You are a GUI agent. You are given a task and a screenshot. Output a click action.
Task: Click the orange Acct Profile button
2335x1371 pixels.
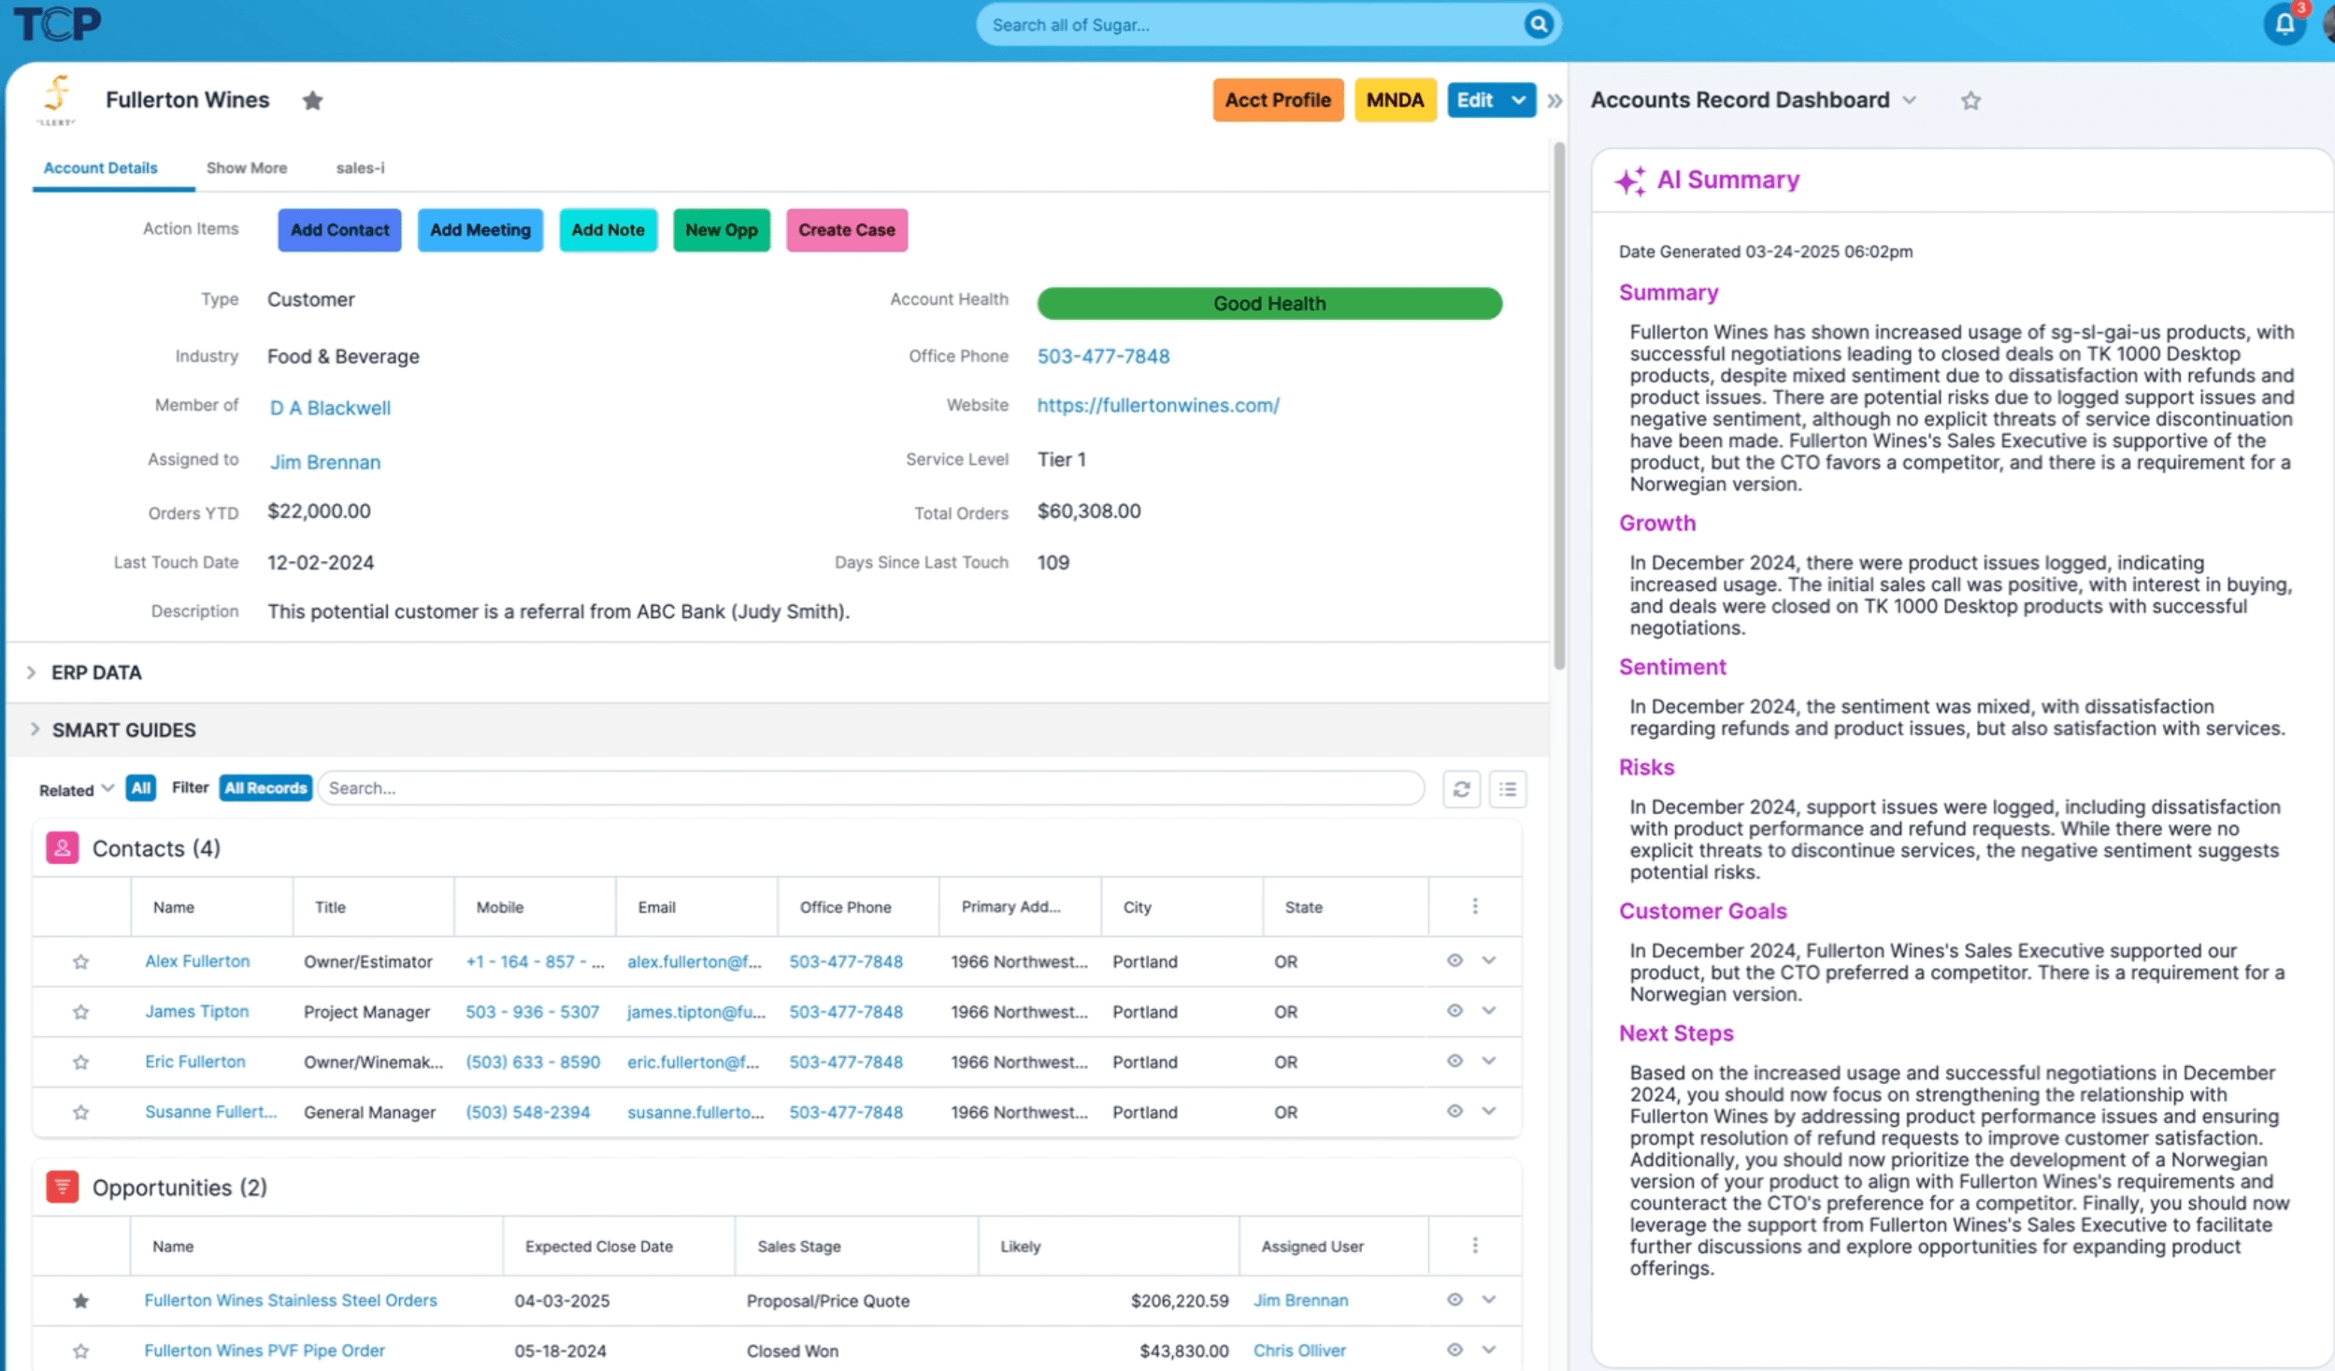point(1277,100)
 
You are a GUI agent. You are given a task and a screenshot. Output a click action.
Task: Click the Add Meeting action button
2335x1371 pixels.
point(480,230)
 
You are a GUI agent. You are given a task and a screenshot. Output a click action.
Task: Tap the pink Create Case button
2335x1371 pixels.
point(846,230)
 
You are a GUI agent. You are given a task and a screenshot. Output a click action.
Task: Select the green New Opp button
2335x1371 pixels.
point(721,230)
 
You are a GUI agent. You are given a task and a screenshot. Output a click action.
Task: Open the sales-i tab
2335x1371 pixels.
point(360,168)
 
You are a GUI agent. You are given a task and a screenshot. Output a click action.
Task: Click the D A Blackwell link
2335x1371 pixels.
point(330,408)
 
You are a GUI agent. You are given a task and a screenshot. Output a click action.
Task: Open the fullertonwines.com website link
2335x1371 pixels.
point(1157,405)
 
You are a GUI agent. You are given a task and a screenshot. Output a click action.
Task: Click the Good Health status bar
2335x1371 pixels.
point(1268,303)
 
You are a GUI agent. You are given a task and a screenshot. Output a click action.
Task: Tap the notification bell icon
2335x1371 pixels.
point(2284,24)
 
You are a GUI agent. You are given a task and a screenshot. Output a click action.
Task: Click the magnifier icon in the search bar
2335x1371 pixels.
point(1538,24)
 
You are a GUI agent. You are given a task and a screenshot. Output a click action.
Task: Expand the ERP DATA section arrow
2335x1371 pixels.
point(32,672)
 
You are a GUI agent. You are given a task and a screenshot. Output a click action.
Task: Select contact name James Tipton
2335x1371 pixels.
point(196,1011)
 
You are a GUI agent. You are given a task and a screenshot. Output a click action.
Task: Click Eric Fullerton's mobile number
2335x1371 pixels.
point(532,1061)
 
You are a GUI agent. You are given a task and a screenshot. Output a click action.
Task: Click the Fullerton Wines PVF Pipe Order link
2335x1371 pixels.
point(265,1350)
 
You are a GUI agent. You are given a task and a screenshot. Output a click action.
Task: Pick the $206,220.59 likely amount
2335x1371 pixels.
point(1179,1300)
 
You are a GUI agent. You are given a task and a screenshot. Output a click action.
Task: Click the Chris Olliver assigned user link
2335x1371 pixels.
point(1298,1350)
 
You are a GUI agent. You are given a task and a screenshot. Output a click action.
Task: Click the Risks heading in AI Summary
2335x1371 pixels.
point(1645,767)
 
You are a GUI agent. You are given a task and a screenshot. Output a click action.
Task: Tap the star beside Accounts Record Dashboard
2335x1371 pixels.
point(1970,100)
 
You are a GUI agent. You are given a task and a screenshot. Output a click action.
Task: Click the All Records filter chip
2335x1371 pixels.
point(265,787)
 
